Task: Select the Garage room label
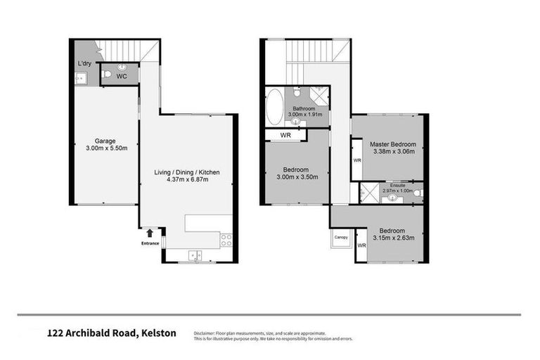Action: [x=105, y=140]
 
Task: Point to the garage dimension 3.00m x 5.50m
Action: [x=105, y=148]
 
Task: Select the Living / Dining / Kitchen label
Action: [x=185, y=172]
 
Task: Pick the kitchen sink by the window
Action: [x=194, y=255]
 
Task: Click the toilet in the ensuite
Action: [x=417, y=193]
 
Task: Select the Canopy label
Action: [x=341, y=237]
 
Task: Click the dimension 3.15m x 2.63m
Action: [x=392, y=238]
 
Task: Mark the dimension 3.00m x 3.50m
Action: [x=296, y=176]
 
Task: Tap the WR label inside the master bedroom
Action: [x=357, y=160]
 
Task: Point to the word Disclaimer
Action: [x=208, y=333]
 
